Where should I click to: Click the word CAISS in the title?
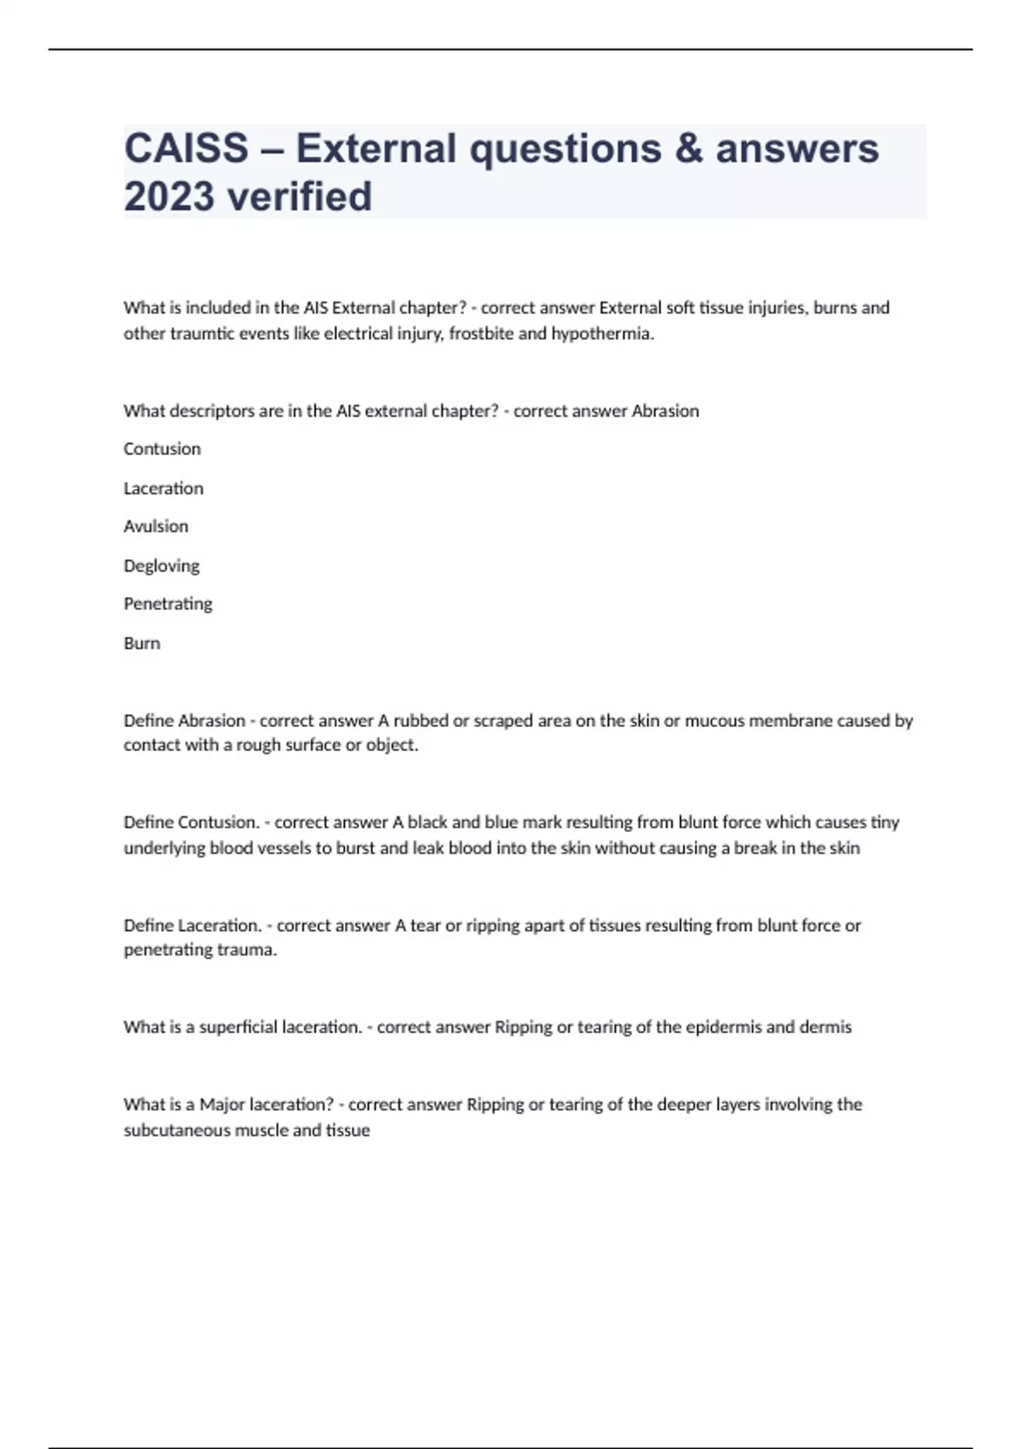coord(187,148)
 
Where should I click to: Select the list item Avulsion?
coord(156,527)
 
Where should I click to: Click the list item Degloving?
coord(162,566)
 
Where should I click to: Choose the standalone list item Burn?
coord(142,644)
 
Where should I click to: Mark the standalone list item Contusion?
coord(163,449)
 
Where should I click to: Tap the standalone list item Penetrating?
coord(168,604)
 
